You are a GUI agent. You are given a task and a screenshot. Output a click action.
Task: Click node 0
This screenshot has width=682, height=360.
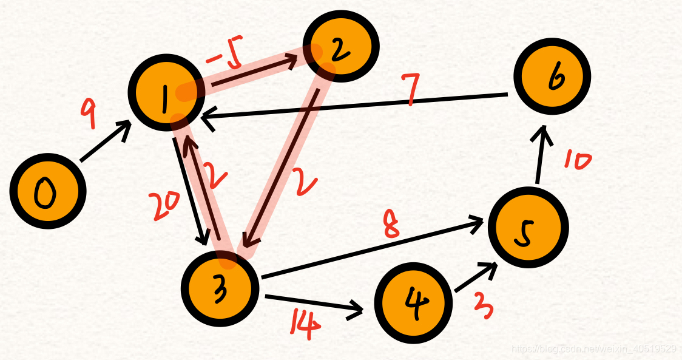pyautogui.click(x=47, y=192)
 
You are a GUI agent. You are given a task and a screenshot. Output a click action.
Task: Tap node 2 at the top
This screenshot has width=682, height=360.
pyautogui.click(x=341, y=46)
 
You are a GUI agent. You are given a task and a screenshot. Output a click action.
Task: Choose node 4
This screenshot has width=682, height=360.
pyautogui.click(x=413, y=302)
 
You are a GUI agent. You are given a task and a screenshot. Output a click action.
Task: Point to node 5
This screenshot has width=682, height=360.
pyautogui.click(x=527, y=226)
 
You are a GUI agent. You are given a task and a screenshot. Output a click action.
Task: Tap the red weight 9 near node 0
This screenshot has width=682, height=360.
pyautogui.click(x=89, y=115)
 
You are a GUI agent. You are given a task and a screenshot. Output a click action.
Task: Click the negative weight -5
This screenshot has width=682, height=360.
pyautogui.click(x=225, y=58)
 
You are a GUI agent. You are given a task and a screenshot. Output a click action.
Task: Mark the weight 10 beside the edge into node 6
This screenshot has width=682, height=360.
pyautogui.click(x=576, y=161)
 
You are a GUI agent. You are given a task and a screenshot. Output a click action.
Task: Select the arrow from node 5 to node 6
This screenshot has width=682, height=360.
pyautogui.click(x=542, y=154)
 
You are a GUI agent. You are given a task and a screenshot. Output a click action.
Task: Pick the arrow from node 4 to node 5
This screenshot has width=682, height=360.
pyautogui.click(x=476, y=279)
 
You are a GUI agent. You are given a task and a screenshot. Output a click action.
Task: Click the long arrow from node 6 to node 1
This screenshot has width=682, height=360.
pyautogui.click(x=358, y=107)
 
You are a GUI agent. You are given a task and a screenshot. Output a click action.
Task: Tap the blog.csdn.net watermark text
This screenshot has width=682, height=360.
pyautogui.click(x=593, y=348)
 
